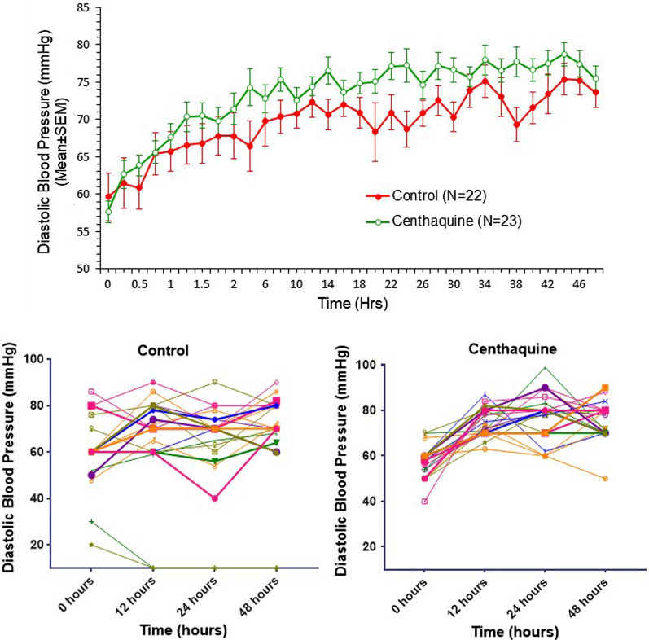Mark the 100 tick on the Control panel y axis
[33, 359]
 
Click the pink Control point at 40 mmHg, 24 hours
[214, 498]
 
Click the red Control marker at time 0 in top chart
[108, 196]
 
